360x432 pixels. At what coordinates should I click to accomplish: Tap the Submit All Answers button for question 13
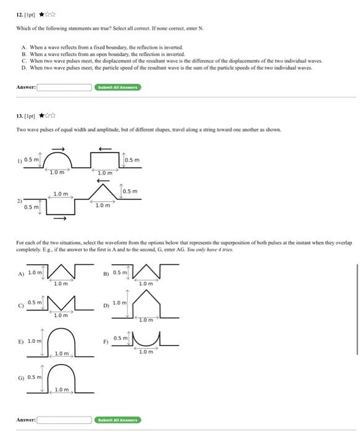pyautogui.click(x=119, y=420)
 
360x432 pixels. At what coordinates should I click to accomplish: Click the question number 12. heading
pyautogui.click(x=20, y=14)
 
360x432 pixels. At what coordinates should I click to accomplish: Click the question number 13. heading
pyautogui.click(x=20, y=115)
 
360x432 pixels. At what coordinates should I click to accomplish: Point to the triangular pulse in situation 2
pyautogui.click(x=102, y=192)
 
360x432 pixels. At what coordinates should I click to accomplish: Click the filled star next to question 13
pyautogui.click(x=41, y=115)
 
